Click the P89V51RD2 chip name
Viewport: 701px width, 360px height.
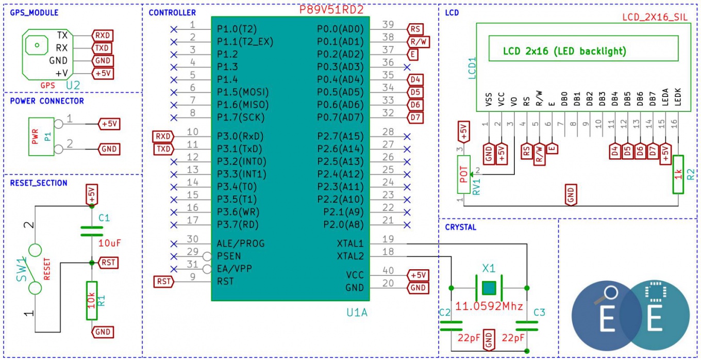tap(331, 10)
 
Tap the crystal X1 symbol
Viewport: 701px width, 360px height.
tap(489, 288)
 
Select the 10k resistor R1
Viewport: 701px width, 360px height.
tap(92, 301)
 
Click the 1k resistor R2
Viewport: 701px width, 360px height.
tap(678, 174)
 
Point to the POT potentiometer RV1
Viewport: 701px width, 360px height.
tap(463, 174)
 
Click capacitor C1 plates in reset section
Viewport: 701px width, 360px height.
tap(92, 232)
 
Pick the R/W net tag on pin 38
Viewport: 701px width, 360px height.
tap(419, 42)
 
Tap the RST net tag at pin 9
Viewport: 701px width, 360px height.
tap(164, 282)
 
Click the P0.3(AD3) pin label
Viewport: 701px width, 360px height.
tap(340, 67)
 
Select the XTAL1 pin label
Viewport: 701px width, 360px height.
tap(350, 243)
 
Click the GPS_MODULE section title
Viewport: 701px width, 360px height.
tap(34, 13)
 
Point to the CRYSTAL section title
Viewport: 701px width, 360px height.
tap(461, 227)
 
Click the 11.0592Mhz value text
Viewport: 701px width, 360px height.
tap(489, 306)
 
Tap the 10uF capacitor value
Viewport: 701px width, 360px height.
tap(109, 243)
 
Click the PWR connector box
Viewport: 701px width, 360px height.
tap(41, 137)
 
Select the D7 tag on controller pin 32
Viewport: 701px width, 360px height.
tap(415, 118)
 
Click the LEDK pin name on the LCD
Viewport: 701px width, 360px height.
tap(677, 97)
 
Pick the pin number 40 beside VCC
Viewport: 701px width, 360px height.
tap(388, 270)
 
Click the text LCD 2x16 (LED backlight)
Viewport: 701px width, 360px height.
tap(564, 51)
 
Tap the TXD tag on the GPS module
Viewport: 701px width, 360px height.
tap(103, 48)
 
